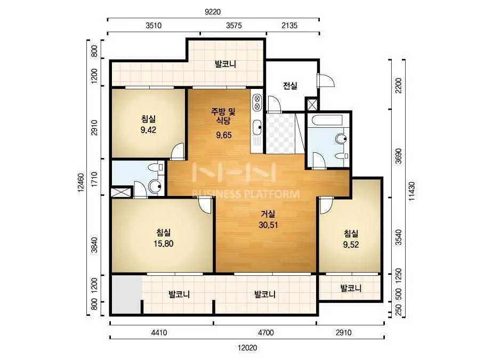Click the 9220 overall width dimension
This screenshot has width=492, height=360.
(213, 12)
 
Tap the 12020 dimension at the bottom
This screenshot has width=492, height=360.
(247, 348)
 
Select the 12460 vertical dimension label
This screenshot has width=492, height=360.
(80, 182)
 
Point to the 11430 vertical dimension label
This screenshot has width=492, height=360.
(412, 191)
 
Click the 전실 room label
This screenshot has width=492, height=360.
(290, 86)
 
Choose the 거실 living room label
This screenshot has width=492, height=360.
(268, 214)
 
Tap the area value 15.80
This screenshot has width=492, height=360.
(164, 244)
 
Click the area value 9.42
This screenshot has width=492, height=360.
(148, 130)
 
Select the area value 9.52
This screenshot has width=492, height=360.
(351, 244)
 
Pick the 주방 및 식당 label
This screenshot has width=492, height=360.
(223, 116)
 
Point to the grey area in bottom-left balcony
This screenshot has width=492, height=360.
(126, 295)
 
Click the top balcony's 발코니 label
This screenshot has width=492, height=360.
(225, 64)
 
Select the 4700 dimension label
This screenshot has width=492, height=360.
(266, 333)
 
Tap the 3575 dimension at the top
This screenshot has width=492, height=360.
(234, 26)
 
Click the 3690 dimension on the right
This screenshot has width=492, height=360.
(398, 156)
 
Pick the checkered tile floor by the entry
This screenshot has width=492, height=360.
(280, 134)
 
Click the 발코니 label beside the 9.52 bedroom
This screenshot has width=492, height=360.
(351, 288)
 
